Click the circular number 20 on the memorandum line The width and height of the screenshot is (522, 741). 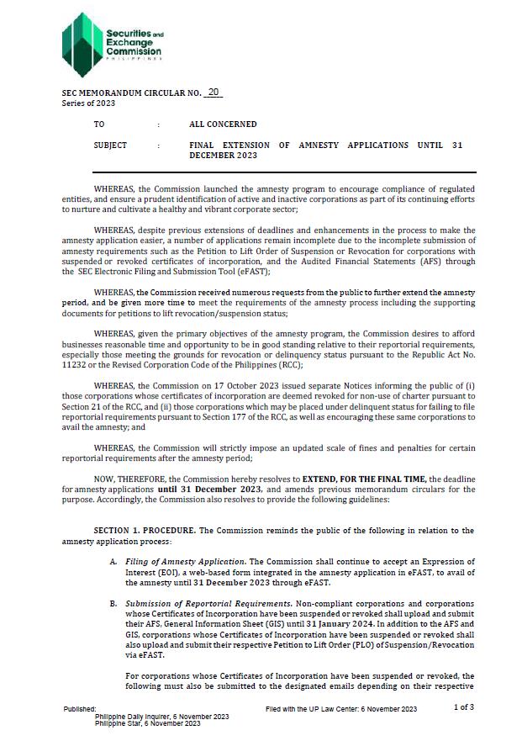[213, 92]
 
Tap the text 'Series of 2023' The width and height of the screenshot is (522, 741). [88, 103]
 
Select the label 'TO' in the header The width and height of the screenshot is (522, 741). [99, 124]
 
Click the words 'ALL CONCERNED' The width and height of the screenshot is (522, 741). [223, 124]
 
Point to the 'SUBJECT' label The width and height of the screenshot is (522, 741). [110, 146]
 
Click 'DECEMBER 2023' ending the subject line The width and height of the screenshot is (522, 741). [223, 156]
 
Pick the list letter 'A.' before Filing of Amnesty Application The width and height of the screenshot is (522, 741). [113, 561]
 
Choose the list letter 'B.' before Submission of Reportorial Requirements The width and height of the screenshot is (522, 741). [113, 604]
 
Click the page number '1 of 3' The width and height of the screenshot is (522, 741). [463, 707]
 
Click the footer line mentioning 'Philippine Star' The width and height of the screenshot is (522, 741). [147, 722]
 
